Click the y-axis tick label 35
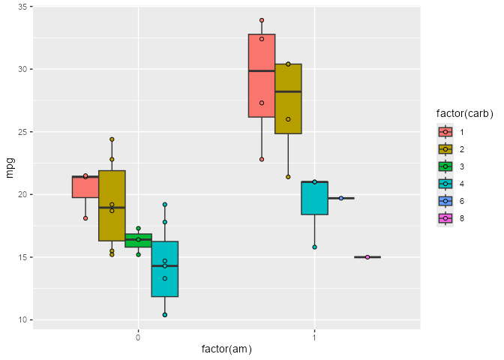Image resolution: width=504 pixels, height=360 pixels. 24,7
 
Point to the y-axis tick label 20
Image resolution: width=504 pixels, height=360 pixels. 24,195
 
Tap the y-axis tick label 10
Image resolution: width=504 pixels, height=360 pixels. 24,320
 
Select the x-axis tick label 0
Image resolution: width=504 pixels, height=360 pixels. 139,336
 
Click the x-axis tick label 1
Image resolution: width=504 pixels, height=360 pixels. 314,336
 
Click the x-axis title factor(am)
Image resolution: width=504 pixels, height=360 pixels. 226,349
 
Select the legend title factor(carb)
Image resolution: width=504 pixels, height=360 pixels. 464,113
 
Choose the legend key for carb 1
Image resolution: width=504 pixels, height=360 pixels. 445,131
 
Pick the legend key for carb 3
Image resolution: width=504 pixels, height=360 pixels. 445,166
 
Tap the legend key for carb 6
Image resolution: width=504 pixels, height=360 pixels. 445,201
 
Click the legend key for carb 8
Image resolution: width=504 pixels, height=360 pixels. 445,218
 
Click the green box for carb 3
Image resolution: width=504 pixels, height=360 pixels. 139,241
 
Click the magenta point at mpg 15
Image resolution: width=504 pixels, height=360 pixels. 367,257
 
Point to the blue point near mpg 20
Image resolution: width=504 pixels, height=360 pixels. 341,198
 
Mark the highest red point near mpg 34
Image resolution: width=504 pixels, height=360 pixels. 262,20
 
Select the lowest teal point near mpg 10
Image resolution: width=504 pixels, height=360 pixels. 165,315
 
